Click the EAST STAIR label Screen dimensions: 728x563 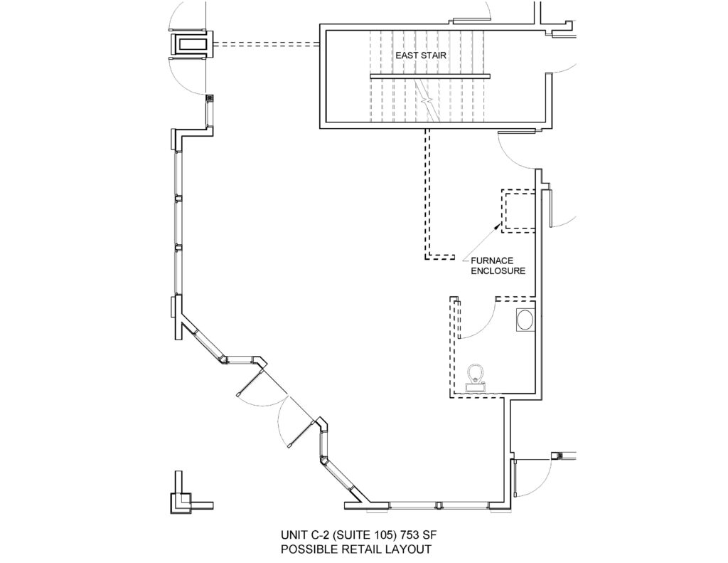click(x=421, y=56)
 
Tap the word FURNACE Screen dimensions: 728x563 click(x=492, y=261)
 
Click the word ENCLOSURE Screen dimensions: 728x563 click(x=498, y=270)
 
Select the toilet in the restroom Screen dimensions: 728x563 click(x=476, y=378)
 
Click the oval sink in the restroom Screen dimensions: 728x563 click(x=525, y=320)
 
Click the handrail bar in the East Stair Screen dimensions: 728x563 click(x=430, y=76)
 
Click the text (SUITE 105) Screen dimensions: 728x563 click(x=358, y=535)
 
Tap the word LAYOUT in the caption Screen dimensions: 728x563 click(x=408, y=549)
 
